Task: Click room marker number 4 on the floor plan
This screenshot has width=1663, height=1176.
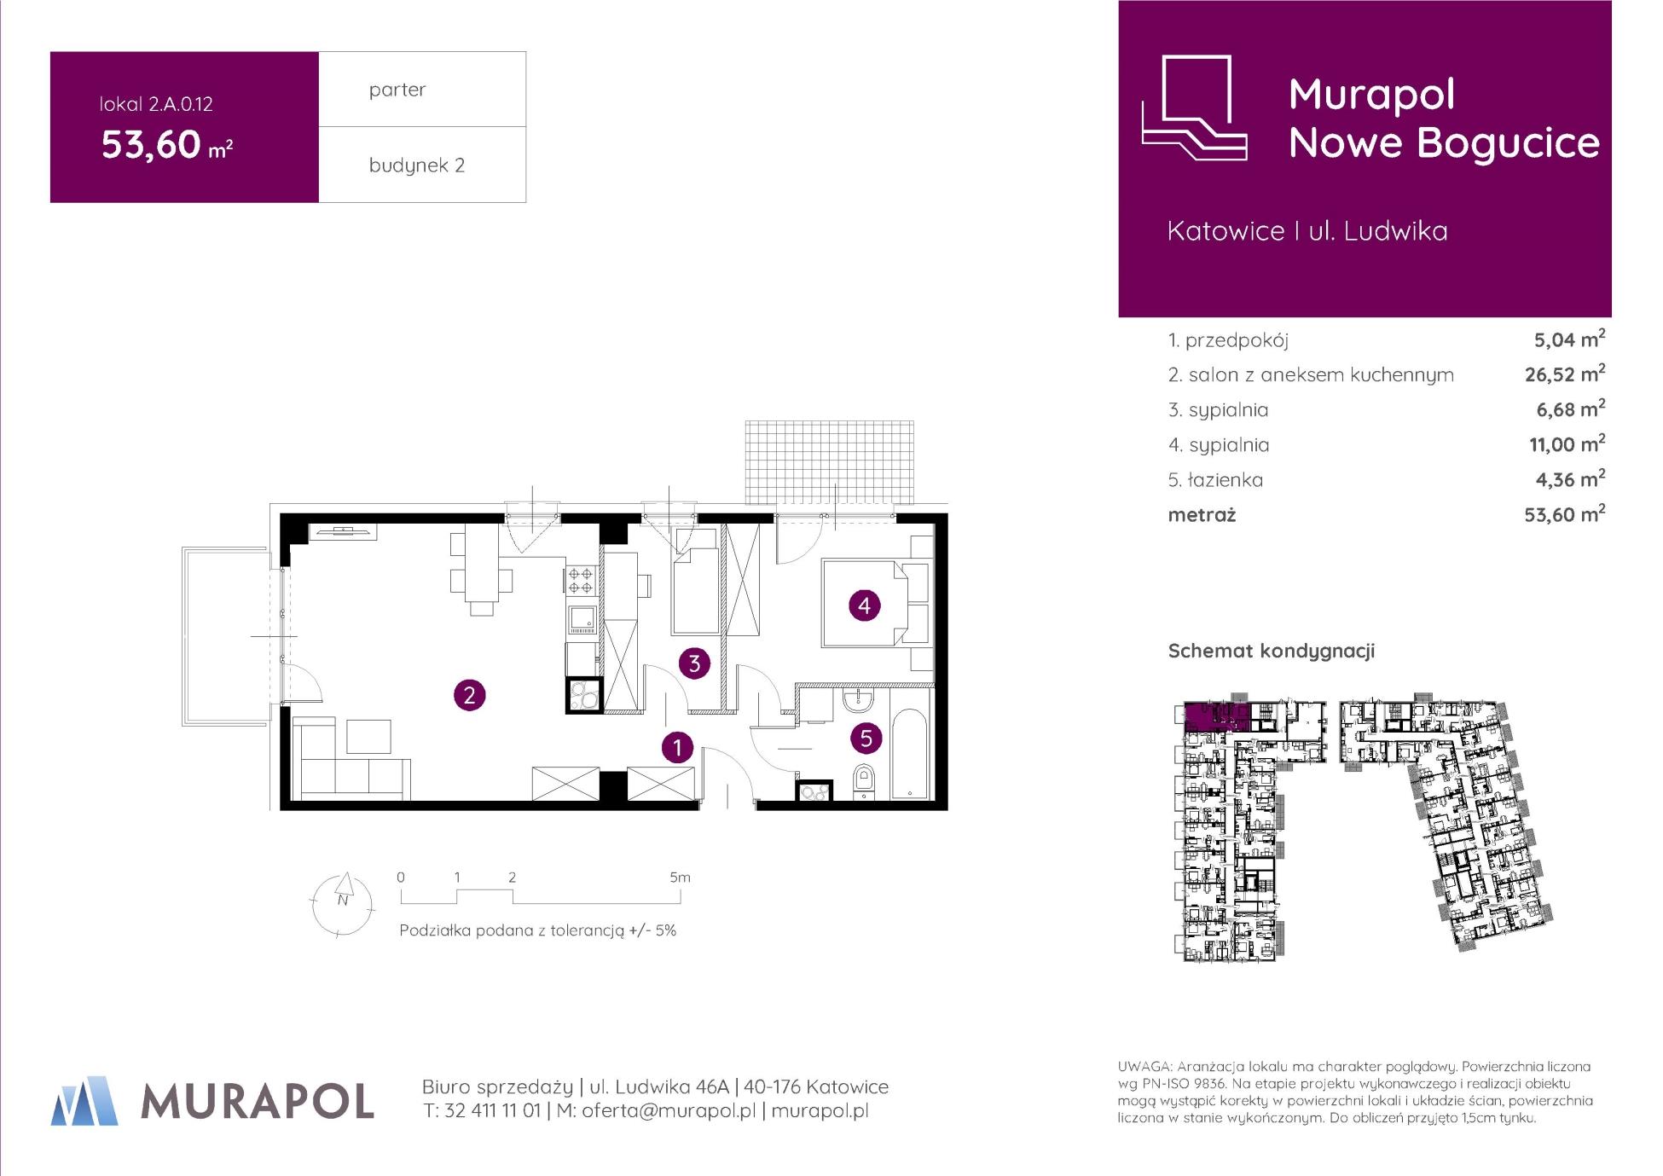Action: click(x=865, y=605)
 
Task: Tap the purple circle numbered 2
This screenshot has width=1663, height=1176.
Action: click(x=469, y=695)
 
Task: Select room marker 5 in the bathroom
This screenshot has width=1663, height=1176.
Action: click(x=866, y=738)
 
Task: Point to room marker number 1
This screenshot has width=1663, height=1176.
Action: click(x=678, y=748)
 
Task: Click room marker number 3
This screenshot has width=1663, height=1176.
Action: click(x=694, y=663)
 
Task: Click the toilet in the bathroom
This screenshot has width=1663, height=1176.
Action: click(x=864, y=782)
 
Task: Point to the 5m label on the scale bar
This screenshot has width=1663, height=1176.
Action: click(x=680, y=877)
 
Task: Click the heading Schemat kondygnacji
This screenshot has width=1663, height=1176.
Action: click(x=1271, y=651)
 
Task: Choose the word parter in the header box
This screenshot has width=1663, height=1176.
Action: click(x=397, y=90)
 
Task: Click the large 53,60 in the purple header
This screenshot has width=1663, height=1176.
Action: click(x=151, y=144)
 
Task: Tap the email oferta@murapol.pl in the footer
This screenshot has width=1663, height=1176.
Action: click(x=669, y=1110)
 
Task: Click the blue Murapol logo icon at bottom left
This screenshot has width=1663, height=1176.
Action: click(x=84, y=1101)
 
